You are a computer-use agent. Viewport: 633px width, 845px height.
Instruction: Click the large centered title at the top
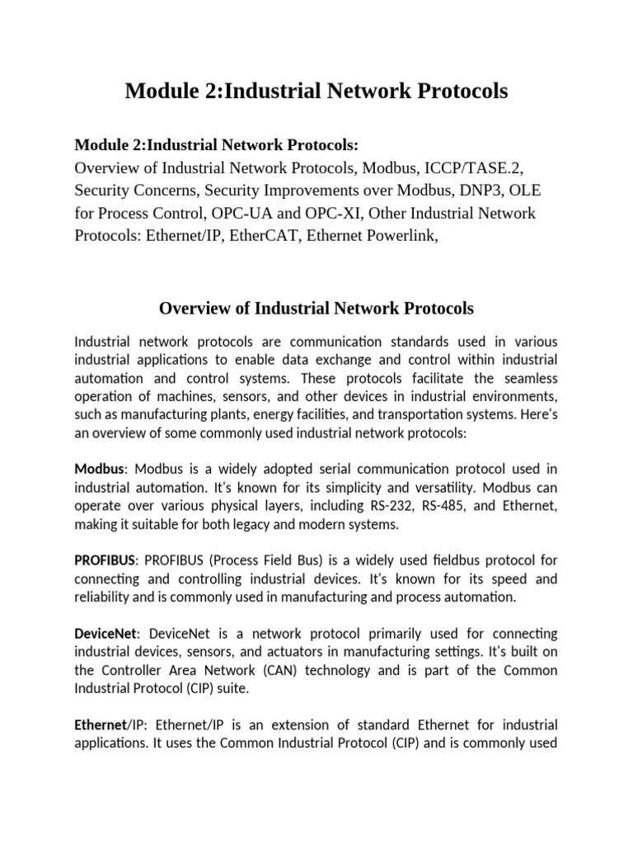316,92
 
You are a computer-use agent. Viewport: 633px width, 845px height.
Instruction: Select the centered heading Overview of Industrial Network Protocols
316,309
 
